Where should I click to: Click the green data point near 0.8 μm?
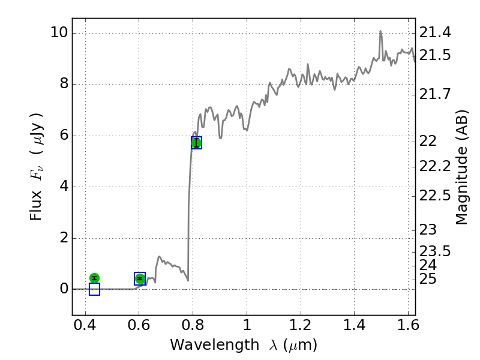click(x=196, y=143)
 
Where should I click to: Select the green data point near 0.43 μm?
click(x=94, y=278)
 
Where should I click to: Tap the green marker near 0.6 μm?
click(x=140, y=278)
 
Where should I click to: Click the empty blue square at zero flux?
click(x=94, y=289)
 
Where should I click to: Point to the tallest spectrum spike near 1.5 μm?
click(x=380, y=32)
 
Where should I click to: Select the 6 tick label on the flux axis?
click(x=62, y=136)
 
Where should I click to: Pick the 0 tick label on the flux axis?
click(x=62, y=289)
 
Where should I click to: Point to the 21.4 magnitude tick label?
click(x=434, y=32)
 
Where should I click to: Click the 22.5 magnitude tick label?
click(x=434, y=196)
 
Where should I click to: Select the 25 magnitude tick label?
click(x=428, y=279)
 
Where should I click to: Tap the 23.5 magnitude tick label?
click(x=434, y=251)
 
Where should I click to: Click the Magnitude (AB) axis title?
click(x=461, y=167)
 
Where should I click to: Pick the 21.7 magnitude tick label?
click(x=434, y=94)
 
